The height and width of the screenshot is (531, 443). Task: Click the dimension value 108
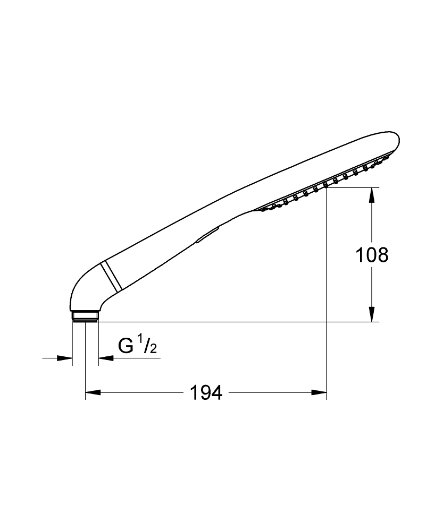pyautogui.click(x=372, y=255)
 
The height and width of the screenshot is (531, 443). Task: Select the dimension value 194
pyautogui.click(x=206, y=393)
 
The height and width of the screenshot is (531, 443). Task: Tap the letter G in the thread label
pyautogui.click(x=126, y=347)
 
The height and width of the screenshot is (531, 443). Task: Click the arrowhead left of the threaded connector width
pyautogui.click(x=66, y=358)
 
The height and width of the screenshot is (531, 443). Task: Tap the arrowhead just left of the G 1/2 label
pyautogui.click(x=105, y=358)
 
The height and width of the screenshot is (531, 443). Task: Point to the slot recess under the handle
pyautogui.click(x=207, y=235)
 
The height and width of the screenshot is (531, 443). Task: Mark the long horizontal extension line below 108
pyautogui.click(x=239, y=322)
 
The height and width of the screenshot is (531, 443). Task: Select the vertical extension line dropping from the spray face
pyautogui.click(x=326, y=292)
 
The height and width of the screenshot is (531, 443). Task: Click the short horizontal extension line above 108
pyautogui.click(x=353, y=187)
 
